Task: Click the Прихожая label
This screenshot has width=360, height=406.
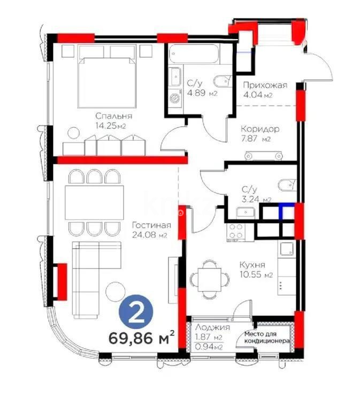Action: tap(265, 85)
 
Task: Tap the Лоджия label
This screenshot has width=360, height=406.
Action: tap(212, 328)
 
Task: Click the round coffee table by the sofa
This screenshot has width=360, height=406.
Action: tap(114, 291)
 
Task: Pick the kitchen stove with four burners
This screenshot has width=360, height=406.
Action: tap(236, 232)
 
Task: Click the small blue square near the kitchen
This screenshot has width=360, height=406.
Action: tap(288, 211)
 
